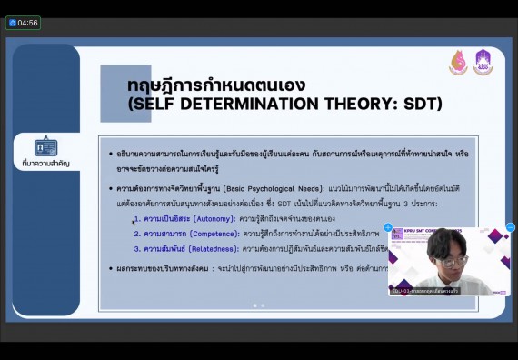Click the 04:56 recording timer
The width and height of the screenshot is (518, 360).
pos(23,22)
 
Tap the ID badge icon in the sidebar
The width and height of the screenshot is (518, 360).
pos(45,147)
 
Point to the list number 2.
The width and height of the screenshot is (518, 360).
pos(136,234)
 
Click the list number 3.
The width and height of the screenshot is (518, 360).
pos(136,248)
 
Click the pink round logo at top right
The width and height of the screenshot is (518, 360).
pos(459,63)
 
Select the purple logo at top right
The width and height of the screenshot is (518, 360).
pos(483,63)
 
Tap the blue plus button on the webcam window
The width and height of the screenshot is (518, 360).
pos(388,227)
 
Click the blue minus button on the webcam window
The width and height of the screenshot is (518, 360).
pos(510,227)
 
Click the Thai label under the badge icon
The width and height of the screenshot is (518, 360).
pos(45,164)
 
